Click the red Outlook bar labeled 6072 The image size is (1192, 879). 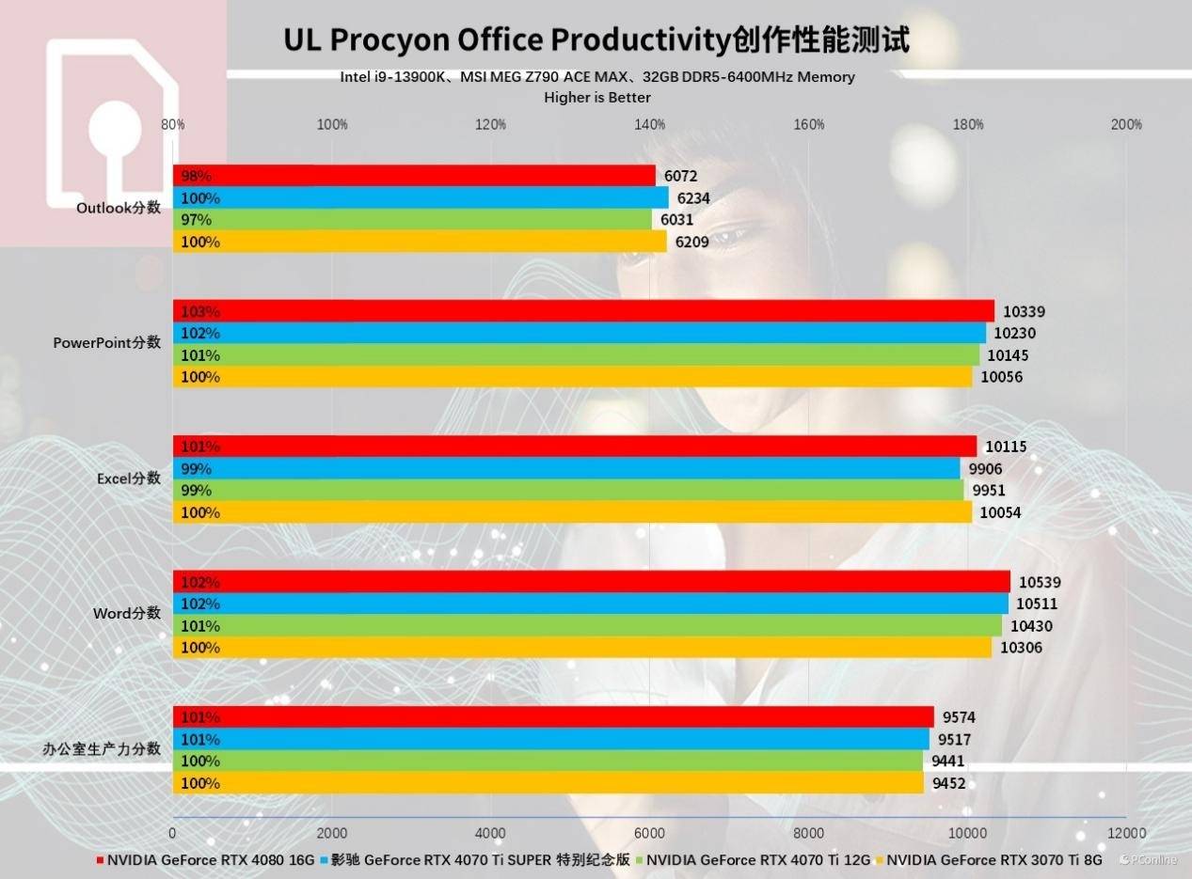414,176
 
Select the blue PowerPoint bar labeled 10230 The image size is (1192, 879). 579,333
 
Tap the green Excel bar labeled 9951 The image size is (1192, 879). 567,491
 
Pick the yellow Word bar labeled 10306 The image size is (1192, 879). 581,648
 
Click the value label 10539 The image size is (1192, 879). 1039,582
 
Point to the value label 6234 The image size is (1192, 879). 693,198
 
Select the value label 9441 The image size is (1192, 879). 947,761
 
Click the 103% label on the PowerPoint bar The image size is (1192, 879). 200,311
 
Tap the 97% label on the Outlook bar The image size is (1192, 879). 197,220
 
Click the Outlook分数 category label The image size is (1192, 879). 119,208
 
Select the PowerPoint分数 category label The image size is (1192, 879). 106,343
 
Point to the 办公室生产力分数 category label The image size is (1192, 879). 102,749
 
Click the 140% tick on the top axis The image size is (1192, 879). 650,125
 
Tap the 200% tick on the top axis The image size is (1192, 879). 1126,125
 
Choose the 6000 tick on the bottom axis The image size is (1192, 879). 650,833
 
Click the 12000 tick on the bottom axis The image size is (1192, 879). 1126,833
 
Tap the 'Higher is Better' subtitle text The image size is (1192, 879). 597,98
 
